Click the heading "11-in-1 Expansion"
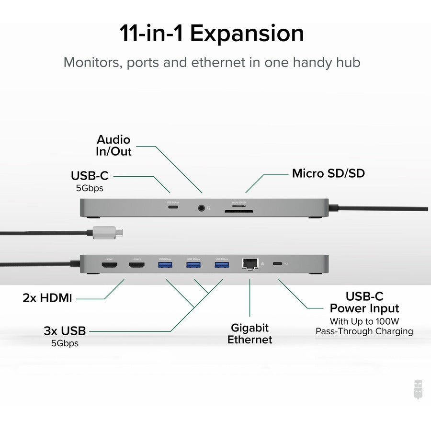point(211,34)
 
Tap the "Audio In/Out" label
point(113,145)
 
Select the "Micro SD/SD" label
point(328,173)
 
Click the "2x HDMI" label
point(47,298)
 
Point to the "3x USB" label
point(65,330)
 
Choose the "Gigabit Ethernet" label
point(250,334)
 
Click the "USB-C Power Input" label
point(364,302)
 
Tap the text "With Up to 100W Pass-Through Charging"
point(364,326)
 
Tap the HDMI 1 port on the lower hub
point(108,264)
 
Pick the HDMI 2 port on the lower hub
point(136,264)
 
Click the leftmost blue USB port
point(164,264)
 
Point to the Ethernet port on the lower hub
point(250,263)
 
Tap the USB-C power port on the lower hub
point(277,264)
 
